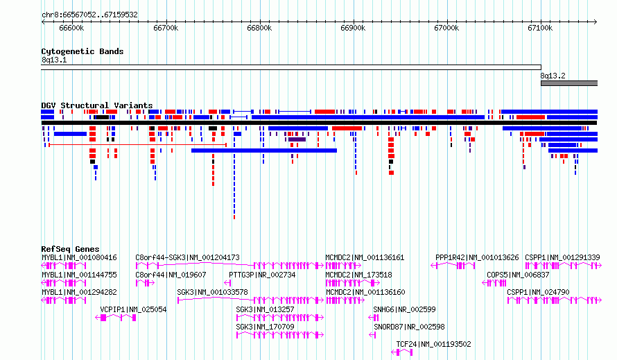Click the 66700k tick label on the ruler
click(166, 28)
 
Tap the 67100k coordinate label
click(540, 28)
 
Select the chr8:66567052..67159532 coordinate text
click(89, 15)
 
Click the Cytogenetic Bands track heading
click(82, 51)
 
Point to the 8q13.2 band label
click(553, 76)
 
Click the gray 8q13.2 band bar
click(569, 83)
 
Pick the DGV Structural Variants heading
click(97, 105)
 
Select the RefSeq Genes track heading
click(71, 249)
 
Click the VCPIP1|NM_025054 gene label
click(133, 309)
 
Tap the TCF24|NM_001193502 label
click(433, 344)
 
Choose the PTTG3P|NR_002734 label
click(262, 275)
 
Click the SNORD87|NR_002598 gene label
click(409, 327)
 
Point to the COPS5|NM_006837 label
click(518, 275)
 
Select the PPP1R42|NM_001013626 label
click(477, 257)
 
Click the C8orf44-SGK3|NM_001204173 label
click(187, 257)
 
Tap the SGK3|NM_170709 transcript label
click(266, 327)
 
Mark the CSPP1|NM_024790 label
click(538, 292)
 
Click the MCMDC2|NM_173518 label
click(358, 275)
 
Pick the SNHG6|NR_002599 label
click(404, 309)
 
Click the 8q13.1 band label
click(54, 60)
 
